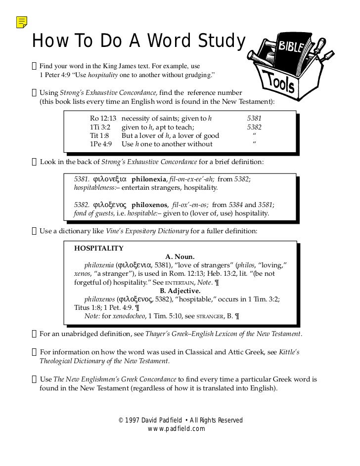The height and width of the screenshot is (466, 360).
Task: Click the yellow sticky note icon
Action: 21,21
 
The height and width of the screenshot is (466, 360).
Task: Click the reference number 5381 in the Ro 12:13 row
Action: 254,119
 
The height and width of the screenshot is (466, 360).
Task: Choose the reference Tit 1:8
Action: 98,135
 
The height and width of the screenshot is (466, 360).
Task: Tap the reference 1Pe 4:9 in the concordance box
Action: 100,144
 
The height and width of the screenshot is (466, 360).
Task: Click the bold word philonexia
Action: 149,179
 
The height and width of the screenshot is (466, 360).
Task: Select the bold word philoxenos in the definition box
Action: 149,205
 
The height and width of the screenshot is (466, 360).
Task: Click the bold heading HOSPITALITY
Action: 99,248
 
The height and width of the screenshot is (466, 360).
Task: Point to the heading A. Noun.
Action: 180,256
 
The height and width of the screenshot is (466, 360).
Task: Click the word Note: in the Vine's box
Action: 92,316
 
